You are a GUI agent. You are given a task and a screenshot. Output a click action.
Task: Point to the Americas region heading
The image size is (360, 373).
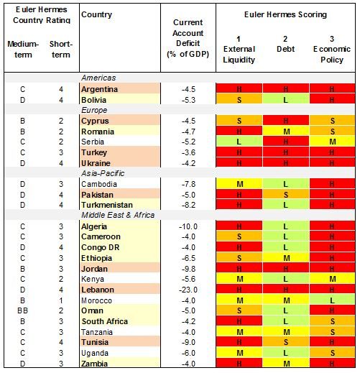[x=98, y=78]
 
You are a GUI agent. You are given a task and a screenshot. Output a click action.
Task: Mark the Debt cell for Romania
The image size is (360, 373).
[x=285, y=132]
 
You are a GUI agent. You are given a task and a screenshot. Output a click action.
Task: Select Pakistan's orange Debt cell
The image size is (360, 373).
[x=285, y=193]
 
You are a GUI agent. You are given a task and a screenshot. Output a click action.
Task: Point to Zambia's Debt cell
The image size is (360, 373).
[x=285, y=364]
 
